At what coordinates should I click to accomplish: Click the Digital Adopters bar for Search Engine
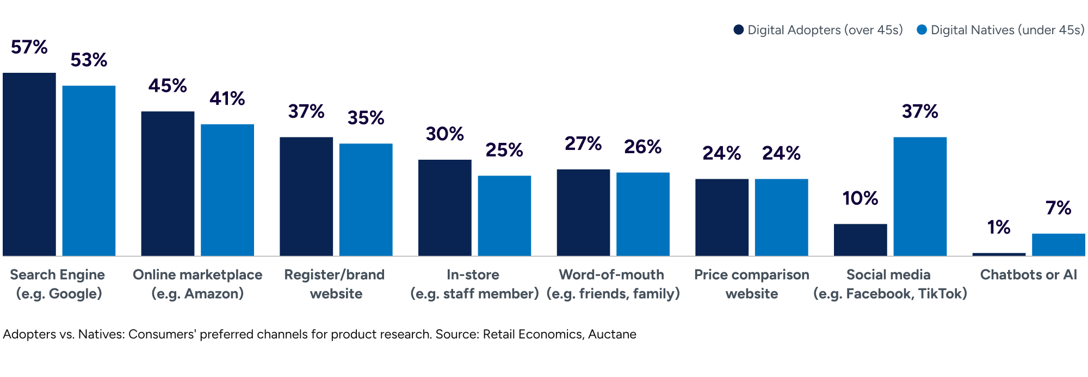tap(29, 164)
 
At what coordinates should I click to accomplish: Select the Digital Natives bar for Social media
tap(920, 197)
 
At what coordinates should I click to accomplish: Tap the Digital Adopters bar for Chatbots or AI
tap(999, 254)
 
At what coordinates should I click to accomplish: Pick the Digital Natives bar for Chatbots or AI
tap(1059, 244)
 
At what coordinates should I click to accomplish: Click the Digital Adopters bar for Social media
tap(861, 240)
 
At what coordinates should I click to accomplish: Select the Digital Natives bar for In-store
tap(504, 216)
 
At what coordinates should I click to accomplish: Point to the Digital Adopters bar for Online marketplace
tap(168, 184)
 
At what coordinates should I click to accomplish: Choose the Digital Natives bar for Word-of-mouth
tap(643, 214)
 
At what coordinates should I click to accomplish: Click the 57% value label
tap(29, 47)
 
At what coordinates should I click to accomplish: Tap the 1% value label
tap(999, 227)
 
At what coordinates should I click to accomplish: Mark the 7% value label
tap(1059, 208)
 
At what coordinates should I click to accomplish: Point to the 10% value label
tap(861, 198)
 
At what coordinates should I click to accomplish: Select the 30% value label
tap(445, 134)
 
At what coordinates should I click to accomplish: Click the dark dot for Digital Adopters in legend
tap(738, 30)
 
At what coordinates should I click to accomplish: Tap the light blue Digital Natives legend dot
tap(922, 30)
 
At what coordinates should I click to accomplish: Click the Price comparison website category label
tap(752, 284)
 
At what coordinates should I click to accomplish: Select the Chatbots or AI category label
tap(1029, 274)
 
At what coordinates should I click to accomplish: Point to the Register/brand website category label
tap(335, 284)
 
